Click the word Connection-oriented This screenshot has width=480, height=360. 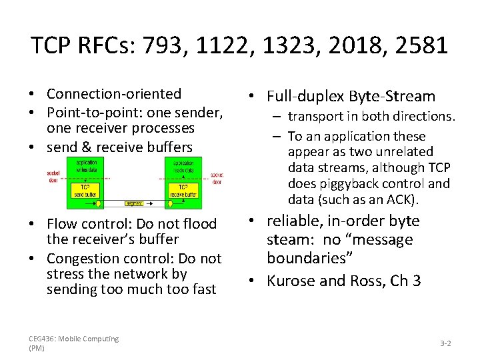(114, 94)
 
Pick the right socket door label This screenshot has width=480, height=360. (217, 177)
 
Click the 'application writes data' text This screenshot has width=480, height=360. (86, 166)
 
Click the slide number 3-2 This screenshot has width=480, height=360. (446, 343)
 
